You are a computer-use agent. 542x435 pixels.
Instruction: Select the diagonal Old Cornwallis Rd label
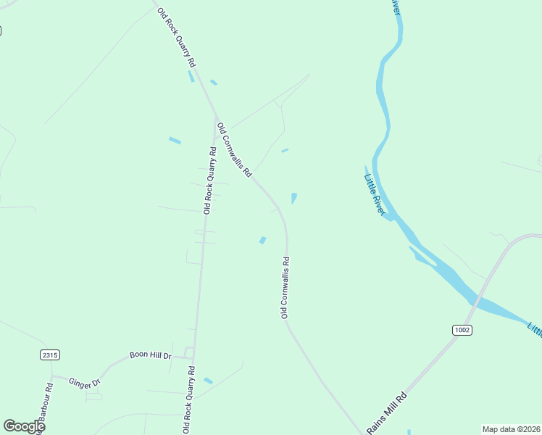(x=234, y=150)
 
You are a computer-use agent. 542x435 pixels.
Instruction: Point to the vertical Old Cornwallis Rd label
(x=285, y=288)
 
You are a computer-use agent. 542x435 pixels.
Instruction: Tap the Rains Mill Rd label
(x=387, y=413)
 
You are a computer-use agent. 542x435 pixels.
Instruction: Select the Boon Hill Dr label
(x=150, y=355)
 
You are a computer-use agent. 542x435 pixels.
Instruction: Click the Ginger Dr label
(x=84, y=382)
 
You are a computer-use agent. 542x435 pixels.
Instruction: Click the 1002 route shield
(x=462, y=330)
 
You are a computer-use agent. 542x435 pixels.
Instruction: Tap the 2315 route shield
(x=49, y=355)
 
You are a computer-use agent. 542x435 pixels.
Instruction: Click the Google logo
(x=24, y=426)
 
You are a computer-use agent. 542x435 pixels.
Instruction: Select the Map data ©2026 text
(x=511, y=428)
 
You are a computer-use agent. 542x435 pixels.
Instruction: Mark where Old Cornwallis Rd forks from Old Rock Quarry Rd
(x=216, y=116)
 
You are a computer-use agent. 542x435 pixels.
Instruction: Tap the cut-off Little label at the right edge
(x=535, y=328)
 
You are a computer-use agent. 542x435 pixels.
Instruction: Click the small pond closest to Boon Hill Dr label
(x=208, y=381)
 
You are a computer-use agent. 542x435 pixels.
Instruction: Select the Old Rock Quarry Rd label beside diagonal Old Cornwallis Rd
(x=209, y=181)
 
